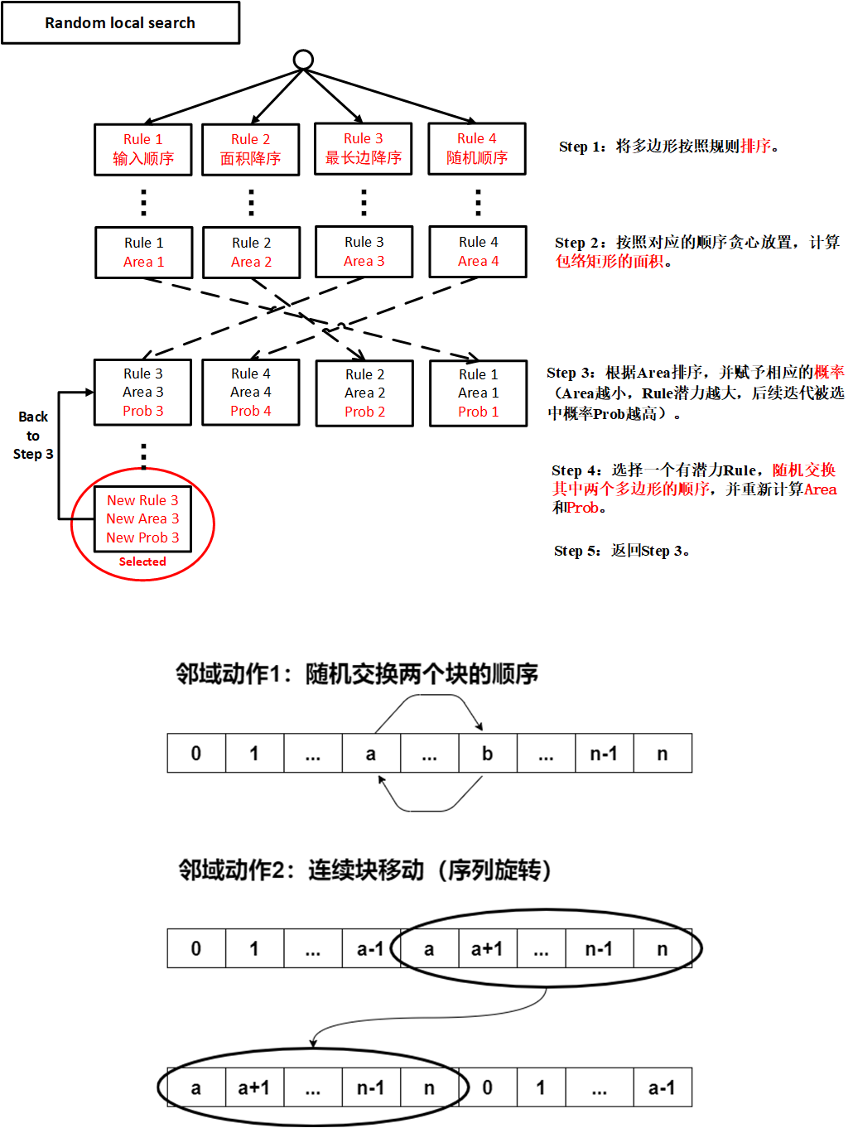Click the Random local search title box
pyautogui.click(x=120, y=23)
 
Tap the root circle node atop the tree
pyautogui.click(x=304, y=60)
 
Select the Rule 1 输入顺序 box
pyautogui.click(x=143, y=149)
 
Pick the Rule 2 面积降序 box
pyautogui.click(x=251, y=149)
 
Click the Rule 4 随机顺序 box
pyautogui.click(x=477, y=148)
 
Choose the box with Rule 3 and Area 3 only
pyautogui.click(x=364, y=252)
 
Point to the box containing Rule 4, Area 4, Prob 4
pyautogui.click(x=251, y=393)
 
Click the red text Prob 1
pyautogui.click(x=479, y=412)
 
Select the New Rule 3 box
pyautogui.click(x=142, y=519)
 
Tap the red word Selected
pyautogui.click(x=142, y=562)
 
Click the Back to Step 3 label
pyautogui.click(x=33, y=436)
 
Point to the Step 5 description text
pyautogui.click(x=622, y=551)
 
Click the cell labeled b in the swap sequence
pyautogui.click(x=488, y=754)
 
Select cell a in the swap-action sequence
pyautogui.click(x=371, y=754)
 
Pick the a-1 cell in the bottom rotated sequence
pyautogui.click(x=662, y=1087)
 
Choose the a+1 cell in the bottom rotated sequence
pyautogui.click(x=254, y=1087)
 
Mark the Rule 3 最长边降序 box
pyautogui.click(x=364, y=148)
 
